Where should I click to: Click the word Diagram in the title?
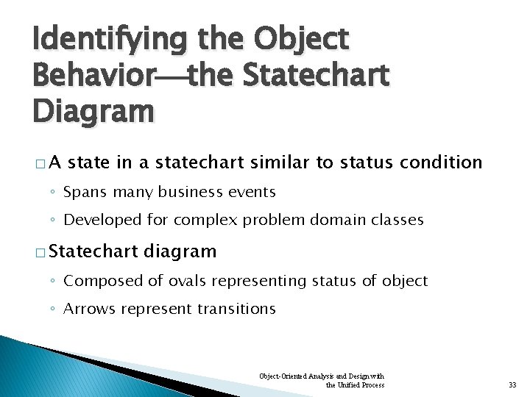click(93, 112)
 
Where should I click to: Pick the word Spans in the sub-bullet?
click(85, 193)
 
